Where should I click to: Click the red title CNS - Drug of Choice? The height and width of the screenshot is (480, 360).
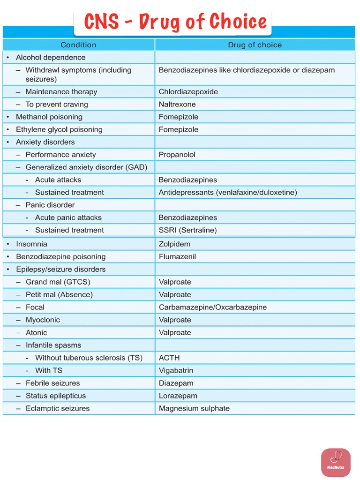point(175,22)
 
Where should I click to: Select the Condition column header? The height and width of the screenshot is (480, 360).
point(78,45)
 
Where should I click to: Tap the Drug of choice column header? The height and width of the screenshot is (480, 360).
point(255,45)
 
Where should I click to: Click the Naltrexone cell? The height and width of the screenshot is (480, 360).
point(177,105)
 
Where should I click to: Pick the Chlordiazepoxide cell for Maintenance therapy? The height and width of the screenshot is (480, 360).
point(188,92)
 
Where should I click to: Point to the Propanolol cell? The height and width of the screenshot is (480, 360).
point(177,155)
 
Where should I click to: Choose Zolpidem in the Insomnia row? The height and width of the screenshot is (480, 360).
point(174,244)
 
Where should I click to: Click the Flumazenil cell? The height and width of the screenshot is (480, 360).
point(177,257)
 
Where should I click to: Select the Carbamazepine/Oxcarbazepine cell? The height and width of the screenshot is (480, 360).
point(212,307)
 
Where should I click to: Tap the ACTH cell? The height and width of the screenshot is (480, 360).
point(169,358)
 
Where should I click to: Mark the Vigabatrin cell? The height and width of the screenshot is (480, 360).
point(176,370)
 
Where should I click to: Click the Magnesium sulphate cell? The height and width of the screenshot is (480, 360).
point(194,408)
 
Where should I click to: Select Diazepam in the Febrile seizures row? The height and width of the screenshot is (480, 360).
point(176,383)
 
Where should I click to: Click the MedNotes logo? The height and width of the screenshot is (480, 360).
point(336,462)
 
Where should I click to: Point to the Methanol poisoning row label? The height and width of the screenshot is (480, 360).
point(49,117)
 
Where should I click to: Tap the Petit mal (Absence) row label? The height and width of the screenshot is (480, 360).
point(59,295)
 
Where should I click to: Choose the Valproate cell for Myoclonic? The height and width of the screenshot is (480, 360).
point(175,320)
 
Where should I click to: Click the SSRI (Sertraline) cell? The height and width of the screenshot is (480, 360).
point(187,230)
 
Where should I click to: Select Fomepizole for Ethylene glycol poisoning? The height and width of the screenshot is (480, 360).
point(178,129)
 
